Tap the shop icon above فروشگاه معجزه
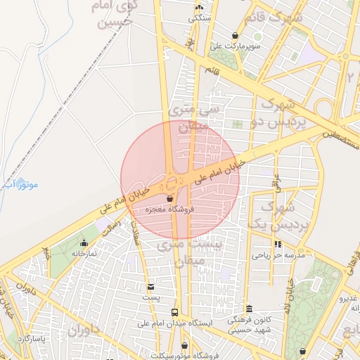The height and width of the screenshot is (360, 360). tap(170, 199)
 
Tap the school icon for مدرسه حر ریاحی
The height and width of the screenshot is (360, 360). tap(278, 244)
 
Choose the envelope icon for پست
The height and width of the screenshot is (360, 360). tap(151, 286)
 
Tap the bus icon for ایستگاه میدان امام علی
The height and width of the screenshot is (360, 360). tap(174, 312)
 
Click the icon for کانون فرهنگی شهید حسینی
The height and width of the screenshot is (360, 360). tap(249, 309)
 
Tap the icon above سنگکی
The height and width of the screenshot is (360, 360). tap(198, 8)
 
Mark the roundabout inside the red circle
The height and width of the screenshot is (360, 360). tap(171, 184)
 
